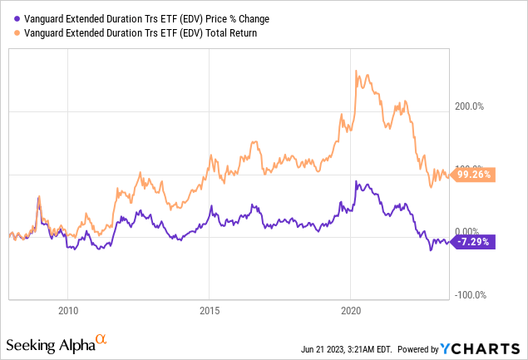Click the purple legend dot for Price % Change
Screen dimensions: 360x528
[10, 17]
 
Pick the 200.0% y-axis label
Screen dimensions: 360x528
[471, 106]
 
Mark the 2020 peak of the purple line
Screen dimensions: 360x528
[356, 182]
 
